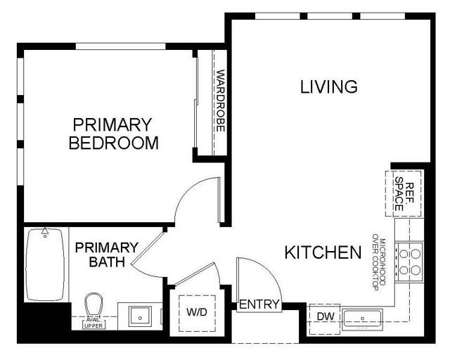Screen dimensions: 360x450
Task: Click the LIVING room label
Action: pos(329,87)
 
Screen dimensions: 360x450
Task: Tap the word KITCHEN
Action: pos(323,252)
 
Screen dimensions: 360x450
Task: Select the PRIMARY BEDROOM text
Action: pos(113,134)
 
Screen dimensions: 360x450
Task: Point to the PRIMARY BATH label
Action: pos(107,255)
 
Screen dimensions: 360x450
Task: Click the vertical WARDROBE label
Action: pos(221,101)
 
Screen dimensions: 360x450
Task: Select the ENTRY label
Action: pos(259,305)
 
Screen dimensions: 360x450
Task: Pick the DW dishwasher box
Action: pos(324,317)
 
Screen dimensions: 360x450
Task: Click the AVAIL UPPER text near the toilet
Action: pos(93,323)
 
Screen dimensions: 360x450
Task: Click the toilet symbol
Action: pos(93,307)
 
